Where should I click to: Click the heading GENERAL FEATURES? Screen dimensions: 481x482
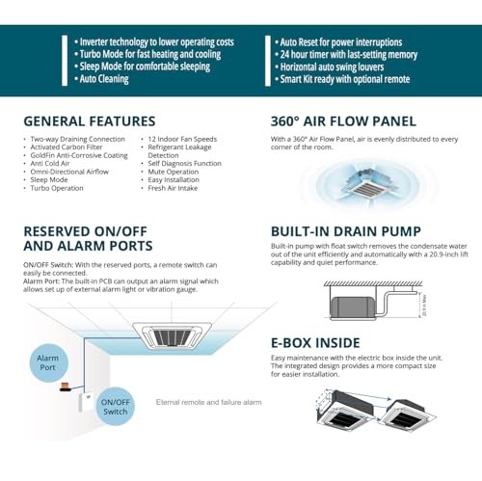coord(89,121)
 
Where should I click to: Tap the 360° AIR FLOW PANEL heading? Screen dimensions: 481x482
coord(343,121)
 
